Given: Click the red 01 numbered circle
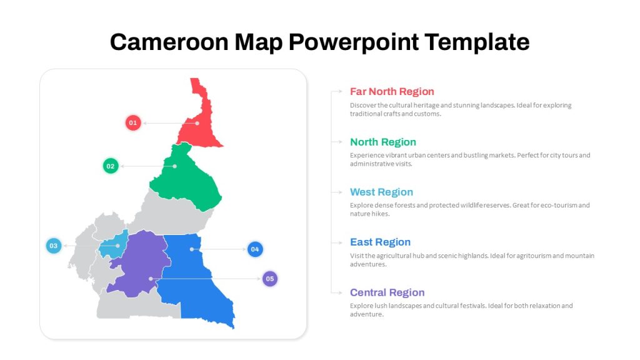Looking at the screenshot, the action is tap(133, 123).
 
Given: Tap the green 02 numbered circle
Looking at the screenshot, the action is tap(111, 166).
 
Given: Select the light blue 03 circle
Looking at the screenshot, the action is tap(54, 246).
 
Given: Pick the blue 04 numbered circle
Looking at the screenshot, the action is tap(255, 249).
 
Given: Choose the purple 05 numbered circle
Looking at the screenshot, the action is tap(270, 279).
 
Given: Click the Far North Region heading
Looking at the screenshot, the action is tap(392, 91).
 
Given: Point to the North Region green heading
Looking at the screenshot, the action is tap(383, 142).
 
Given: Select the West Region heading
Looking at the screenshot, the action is tap(381, 192).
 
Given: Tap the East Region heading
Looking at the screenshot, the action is tap(380, 242).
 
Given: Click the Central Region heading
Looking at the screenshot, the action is tap(387, 292).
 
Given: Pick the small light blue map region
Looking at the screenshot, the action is tap(114, 246).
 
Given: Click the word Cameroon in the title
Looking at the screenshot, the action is tap(169, 42).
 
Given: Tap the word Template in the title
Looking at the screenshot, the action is tap(477, 42).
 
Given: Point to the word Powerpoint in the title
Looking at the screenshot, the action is tap(354, 42).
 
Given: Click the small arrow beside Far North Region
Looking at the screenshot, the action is tap(337, 91).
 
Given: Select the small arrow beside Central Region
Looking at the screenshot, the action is tap(337, 292).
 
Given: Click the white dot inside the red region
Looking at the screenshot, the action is tap(197, 123).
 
